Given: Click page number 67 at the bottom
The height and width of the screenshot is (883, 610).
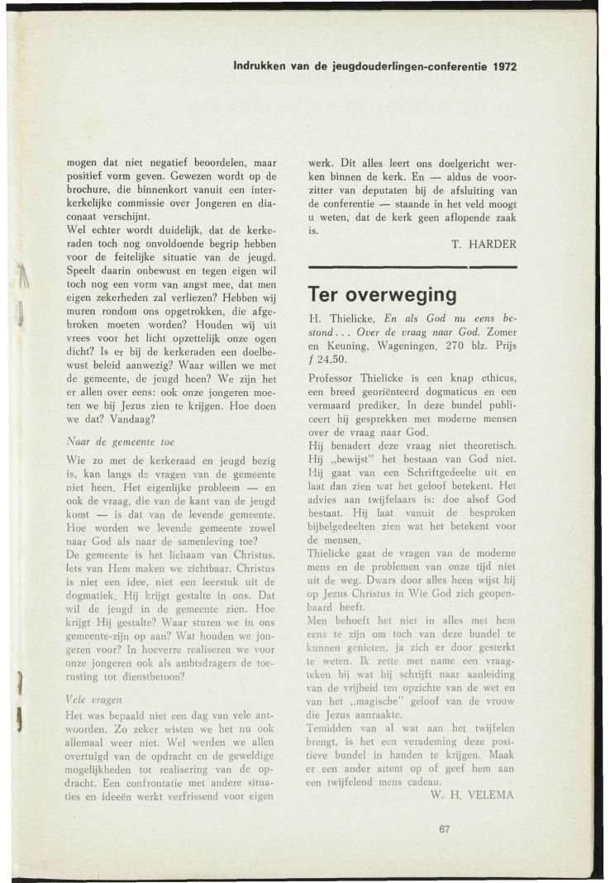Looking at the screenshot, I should pyautogui.click(x=447, y=830).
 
